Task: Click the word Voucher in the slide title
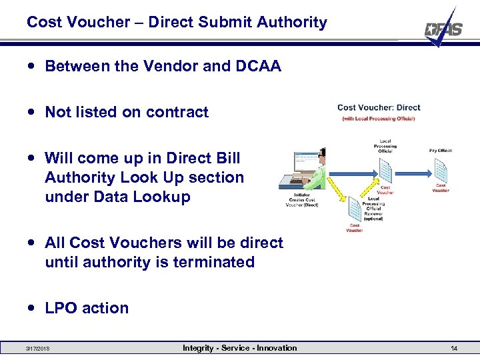click(x=101, y=22)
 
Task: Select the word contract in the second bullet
click(x=181, y=112)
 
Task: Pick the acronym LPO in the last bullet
click(x=60, y=308)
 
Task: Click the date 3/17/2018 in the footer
click(x=39, y=348)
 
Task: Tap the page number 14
click(x=453, y=348)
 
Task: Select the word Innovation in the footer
click(x=276, y=348)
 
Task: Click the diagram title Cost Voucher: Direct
click(x=379, y=107)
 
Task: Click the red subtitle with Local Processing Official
click(x=379, y=119)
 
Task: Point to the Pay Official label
click(x=441, y=151)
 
